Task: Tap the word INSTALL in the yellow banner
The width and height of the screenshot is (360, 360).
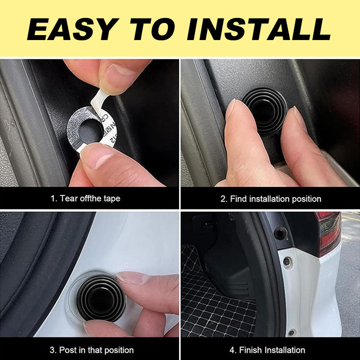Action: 259,29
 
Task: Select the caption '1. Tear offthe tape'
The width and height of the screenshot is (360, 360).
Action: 85,198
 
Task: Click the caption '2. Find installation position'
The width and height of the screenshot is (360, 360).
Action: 271,199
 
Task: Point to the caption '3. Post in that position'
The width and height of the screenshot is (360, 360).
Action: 92,350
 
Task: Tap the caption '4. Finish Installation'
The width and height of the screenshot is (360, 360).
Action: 267,350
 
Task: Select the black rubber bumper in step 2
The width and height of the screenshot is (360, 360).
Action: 265,111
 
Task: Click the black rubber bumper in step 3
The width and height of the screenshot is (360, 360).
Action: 101,298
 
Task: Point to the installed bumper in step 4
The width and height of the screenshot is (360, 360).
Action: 280,233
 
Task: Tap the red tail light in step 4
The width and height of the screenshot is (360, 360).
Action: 329,233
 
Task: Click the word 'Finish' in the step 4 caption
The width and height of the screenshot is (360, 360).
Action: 251,350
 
